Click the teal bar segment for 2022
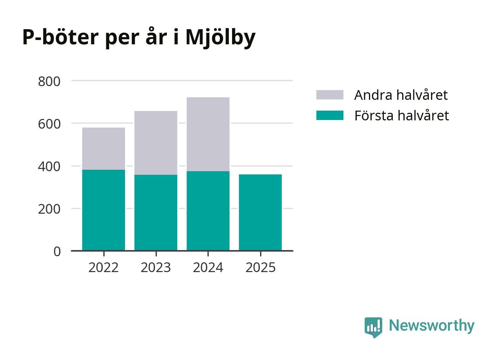103,210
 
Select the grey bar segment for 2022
103,148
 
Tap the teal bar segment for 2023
156,212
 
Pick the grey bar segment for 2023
156,143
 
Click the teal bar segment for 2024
208,210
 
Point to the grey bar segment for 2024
208,134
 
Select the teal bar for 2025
260,212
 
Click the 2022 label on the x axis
103,268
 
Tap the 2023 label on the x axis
156,268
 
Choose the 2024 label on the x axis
208,268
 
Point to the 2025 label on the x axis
260,268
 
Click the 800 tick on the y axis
49,81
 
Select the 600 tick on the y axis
49,124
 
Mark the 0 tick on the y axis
57,252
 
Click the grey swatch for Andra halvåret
330,95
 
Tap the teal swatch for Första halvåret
330,115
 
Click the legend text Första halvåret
401,116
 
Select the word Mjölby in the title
220,37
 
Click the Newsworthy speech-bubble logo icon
373,327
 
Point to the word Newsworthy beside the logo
431,325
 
